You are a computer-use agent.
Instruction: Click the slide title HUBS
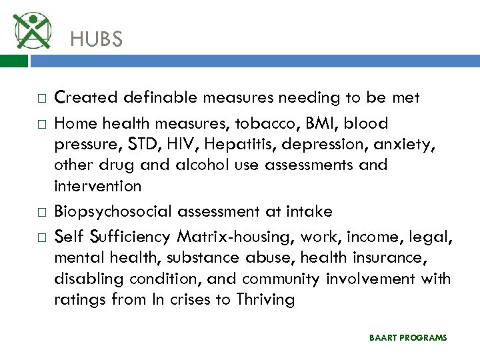point(97,40)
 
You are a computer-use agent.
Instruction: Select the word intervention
point(97,185)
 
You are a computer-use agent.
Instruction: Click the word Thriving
point(265,299)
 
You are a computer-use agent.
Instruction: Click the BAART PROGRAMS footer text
point(408,338)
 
